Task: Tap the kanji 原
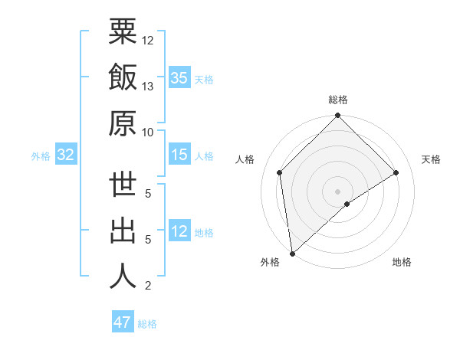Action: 123,123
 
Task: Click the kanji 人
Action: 123,276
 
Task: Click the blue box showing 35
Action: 179,78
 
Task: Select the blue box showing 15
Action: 179,155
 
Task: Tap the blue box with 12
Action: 179,231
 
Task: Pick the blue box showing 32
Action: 65,155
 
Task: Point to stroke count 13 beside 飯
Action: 148,86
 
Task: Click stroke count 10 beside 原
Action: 148,132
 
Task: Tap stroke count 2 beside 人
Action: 147,286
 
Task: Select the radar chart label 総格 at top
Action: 337,100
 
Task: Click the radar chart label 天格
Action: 432,159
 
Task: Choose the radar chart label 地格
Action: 402,262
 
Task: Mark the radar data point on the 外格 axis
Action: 292,253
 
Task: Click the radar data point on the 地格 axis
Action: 347,204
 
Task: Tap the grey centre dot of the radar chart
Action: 337,190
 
